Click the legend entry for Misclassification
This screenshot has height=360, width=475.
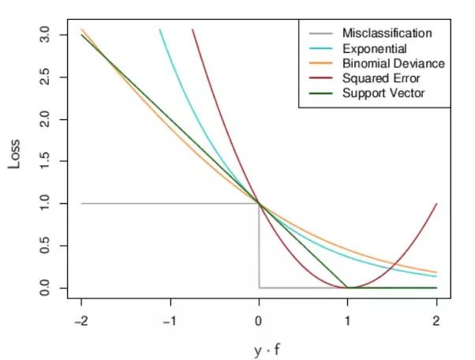tap(387, 33)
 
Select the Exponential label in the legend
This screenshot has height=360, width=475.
tap(374, 48)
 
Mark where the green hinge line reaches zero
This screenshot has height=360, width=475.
tap(348, 288)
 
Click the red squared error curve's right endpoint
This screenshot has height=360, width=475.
tap(436, 204)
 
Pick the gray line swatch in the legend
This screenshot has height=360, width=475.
tap(318, 33)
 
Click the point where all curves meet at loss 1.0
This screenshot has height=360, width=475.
tap(259, 204)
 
